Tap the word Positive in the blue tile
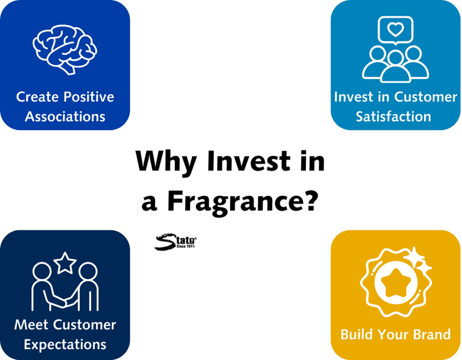[89, 96]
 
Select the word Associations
[65, 116]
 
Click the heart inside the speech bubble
[395, 29]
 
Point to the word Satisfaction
[394, 116]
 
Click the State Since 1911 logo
[176, 242]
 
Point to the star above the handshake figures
[65, 263]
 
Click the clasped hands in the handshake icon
[65, 302]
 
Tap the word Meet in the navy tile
[31, 324]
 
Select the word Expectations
[65, 344]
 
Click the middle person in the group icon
[395, 67]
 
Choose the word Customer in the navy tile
[85, 324]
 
